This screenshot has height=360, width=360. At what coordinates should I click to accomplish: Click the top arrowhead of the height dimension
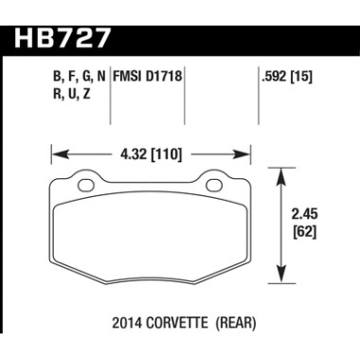pos(281,171)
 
